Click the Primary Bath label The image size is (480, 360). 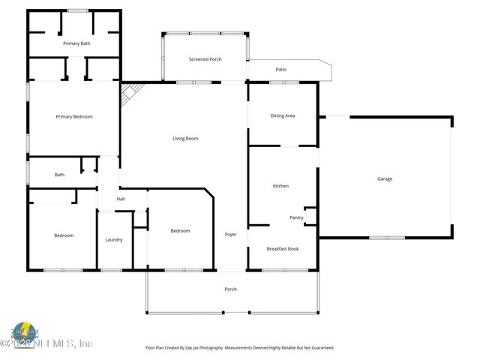76,44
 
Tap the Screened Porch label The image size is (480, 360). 205,58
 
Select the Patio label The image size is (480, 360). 281,70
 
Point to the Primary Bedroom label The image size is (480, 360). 74,116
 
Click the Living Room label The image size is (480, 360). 185,138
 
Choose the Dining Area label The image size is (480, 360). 282,115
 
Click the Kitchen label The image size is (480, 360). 280,186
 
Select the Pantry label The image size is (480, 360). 296,217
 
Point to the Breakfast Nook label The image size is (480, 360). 283,248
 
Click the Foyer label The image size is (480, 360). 231,235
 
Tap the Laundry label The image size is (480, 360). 114,240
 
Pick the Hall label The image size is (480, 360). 120,199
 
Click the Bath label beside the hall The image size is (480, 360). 59,175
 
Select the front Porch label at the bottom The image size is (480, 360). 231,289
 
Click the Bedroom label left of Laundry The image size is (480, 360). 64,235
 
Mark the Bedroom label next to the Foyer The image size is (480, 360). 180,231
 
